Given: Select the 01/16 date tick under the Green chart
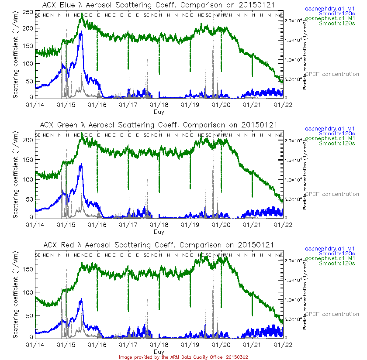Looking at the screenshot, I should [97, 225].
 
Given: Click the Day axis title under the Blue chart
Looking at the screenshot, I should [159, 112].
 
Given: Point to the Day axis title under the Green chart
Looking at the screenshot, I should [159, 232].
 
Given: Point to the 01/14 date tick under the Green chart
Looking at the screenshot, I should [35, 225].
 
